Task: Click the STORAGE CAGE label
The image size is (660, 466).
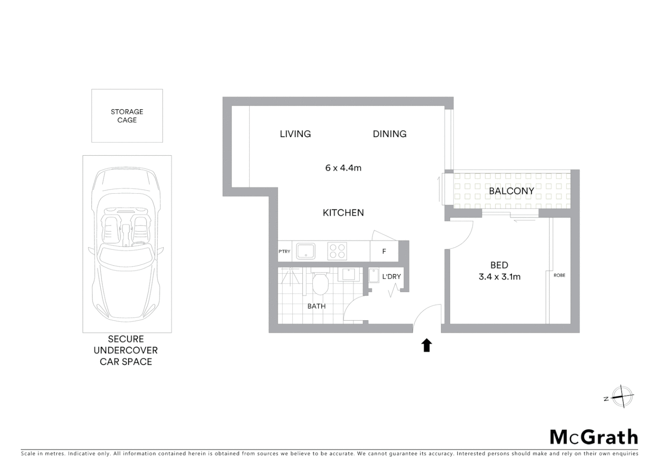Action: click(x=127, y=116)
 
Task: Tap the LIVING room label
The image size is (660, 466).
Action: click(x=295, y=134)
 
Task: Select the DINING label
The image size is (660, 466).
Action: click(x=390, y=134)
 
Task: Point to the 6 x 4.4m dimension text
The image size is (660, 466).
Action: click(x=343, y=168)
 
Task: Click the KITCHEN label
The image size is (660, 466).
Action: click(x=343, y=212)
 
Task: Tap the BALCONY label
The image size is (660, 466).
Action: click(x=511, y=191)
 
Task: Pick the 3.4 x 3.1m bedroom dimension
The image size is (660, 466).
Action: click(x=499, y=277)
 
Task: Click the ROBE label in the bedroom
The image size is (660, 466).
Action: click(x=559, y=275)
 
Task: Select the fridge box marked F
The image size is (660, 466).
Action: click(x=384, y=251)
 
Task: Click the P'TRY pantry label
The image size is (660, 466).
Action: click(x=285, y=251)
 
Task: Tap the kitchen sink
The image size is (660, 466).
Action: click(x=306, y=251)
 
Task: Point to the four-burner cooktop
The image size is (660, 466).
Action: click(x=337, y=251)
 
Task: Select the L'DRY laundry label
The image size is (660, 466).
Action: click(x=391, y=277)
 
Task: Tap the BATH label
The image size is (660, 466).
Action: click(x=317, y=306)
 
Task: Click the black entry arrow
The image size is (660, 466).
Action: click(x=427, y=345)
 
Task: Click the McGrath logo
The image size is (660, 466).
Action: click(x=594, y=437)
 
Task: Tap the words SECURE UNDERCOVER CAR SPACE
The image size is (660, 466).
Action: click(x=126, y=350)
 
